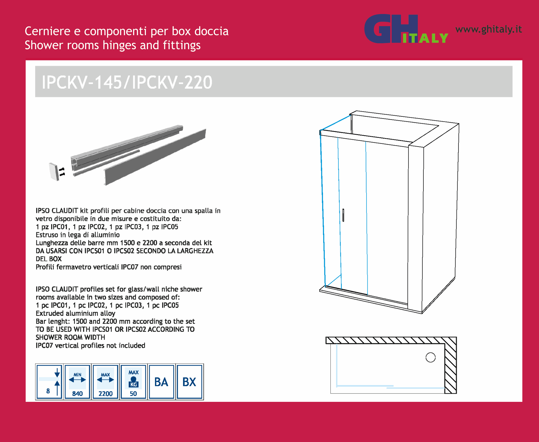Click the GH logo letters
(x=391, y=29)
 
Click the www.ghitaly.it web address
(x=489, y=29)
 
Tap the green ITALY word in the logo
(x=425, y=38)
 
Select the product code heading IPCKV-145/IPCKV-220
(x=127, y=82)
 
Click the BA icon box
(x=161, y=382)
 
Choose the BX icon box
(x=189, y=382)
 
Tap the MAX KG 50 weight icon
(x=133, y=382)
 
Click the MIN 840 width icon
(x=77, y=382)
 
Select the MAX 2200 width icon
(x=106, y=382)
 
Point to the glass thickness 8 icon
(x=49, y=382)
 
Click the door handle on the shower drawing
(x=343, y=215)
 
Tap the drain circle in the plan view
(x=431, y=357)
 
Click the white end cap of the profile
(x=54, y=172)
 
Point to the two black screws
(x=62, y=172)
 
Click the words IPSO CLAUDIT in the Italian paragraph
(x=57, y=211)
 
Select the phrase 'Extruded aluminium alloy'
(x=75, y=313)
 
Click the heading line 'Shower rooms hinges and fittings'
(x=113, y=45)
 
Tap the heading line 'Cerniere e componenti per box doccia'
(x=126, y=31)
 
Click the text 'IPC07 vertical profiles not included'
(x=90, y=345)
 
